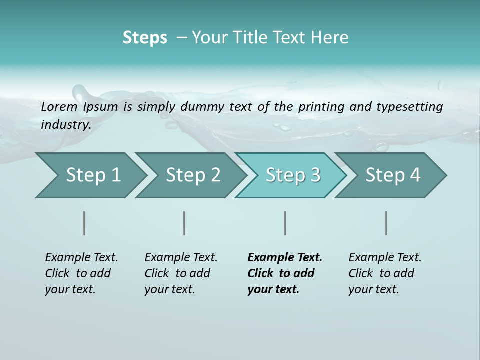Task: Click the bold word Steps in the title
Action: point(145,38)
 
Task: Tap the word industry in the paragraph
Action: point(66,125)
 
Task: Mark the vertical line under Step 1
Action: point(84,223)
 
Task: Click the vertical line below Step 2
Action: point(184,223)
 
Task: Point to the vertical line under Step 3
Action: point(285,223)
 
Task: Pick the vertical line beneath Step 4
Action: point(386,223)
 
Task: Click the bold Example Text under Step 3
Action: point(285,258)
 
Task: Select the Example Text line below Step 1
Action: point(81,258)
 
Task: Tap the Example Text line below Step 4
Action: point(385,258)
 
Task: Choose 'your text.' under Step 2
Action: point(169,289)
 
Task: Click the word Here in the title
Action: point(331,38)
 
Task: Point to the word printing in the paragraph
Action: point(321,107)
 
